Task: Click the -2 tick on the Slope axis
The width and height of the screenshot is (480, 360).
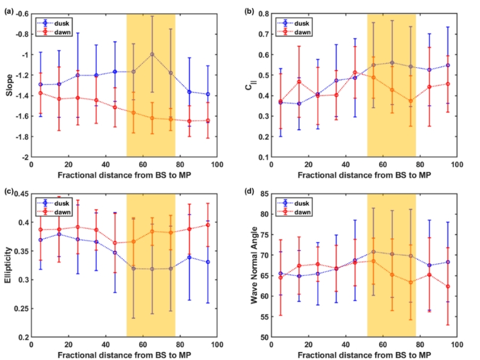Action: click(25, 157)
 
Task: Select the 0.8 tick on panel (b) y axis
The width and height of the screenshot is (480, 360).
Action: click(266, 14)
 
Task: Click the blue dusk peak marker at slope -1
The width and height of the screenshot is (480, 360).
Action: click(152, 54)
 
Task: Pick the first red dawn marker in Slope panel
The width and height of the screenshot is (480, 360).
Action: click(41, 93)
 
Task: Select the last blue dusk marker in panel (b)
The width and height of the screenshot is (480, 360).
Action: click(448, 65)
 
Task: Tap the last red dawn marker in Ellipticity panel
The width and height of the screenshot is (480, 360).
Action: click(208, 225)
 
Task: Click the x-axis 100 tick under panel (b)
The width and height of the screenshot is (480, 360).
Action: click(458, 165)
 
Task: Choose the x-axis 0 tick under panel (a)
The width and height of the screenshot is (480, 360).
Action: click(31, 165)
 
